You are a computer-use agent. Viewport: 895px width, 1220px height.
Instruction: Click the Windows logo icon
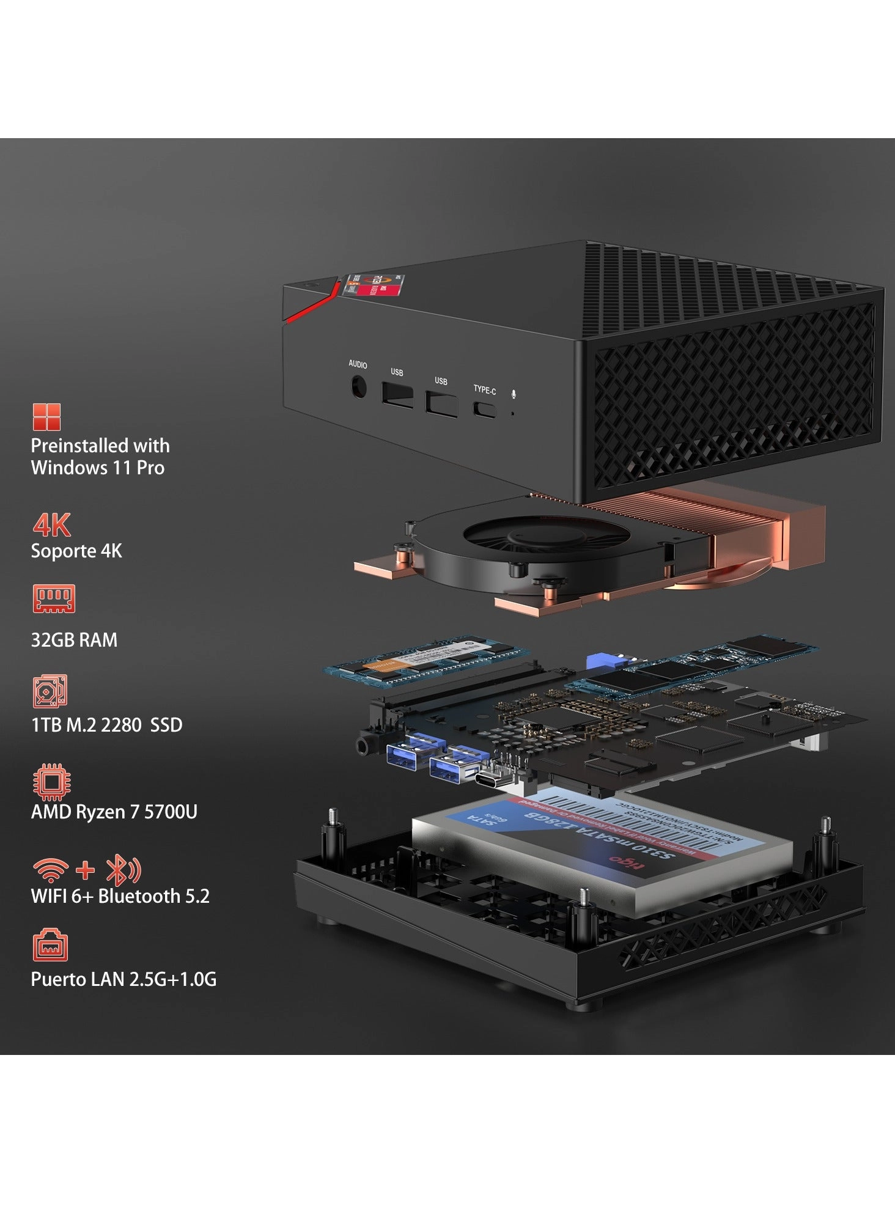click(x=46, y=417)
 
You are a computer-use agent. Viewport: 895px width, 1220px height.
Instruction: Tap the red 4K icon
click(x=52, y=524)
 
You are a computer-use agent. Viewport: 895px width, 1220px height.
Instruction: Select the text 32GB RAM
click(x=74, y=640)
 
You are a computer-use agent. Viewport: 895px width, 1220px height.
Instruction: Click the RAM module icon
click(x=54, y=598)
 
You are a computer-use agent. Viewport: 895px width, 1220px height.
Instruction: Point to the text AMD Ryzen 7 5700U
click(x=114, y=812)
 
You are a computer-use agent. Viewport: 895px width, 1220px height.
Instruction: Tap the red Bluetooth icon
click(x=123, y=870)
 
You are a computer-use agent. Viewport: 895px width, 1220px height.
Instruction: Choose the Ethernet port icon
click(x=50, y=946)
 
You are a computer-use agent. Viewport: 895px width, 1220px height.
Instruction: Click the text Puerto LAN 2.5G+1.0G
click(x=123, y=979)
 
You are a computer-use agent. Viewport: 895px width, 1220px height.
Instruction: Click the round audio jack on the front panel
click(x=359, y=388)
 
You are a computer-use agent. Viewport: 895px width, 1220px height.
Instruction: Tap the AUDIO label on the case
click(x=358, y=364)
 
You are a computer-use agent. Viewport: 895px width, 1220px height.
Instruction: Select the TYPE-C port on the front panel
click(x=485, y=409)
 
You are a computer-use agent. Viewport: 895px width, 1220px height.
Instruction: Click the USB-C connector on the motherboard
click(x=493, y=781)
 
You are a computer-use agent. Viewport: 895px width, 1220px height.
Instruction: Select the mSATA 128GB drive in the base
click(x=602, y=850)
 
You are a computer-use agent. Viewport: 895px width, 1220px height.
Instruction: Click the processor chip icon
click(x=51, y=782)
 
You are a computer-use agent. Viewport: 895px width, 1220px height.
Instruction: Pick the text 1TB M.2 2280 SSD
click(x=106, y=725)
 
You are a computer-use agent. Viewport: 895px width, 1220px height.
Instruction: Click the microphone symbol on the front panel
click(x=514, y=394)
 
